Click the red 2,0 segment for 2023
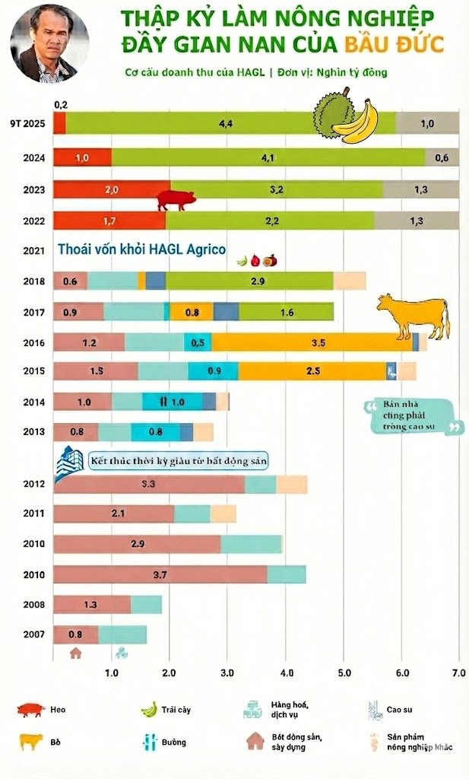(x=111, y=189)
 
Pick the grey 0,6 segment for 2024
(x=442, y=157)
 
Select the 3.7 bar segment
(x=160, y=574)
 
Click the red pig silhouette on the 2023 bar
(x=176, y=200)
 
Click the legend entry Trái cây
(x=167, y=710)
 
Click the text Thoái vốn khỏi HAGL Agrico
(x=141, y=249)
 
